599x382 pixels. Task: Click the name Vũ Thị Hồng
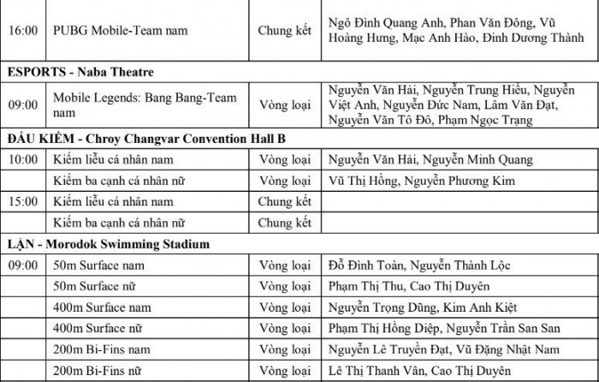(x=368, y=182)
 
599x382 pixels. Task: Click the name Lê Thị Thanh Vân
(x=375, y=371)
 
